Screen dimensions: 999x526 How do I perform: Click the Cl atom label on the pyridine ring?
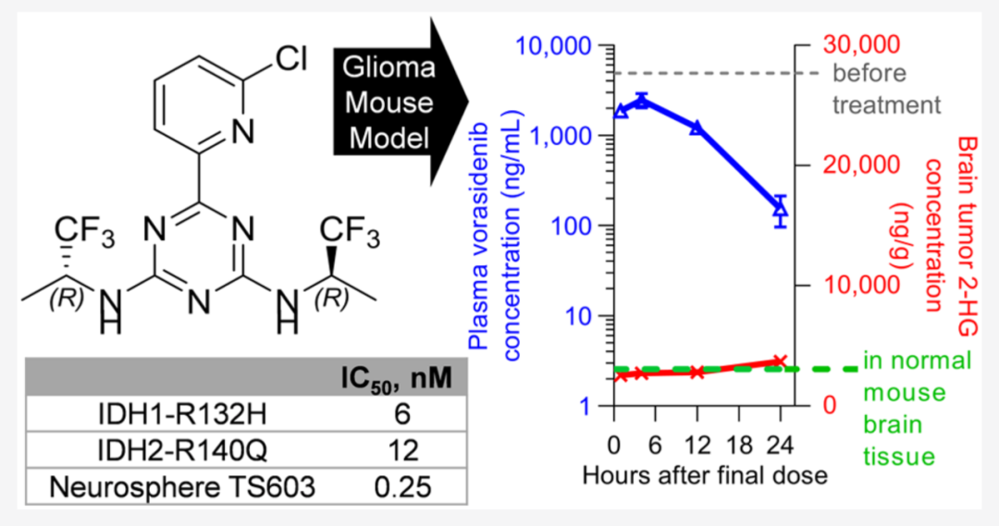pos(290,60)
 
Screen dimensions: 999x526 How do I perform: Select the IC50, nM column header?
pos(396,378)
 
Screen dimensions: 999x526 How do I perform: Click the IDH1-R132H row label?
pos(182,414)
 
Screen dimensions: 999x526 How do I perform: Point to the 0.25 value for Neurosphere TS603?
pos(402,487)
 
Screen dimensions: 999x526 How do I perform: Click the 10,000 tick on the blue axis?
pos(554,46)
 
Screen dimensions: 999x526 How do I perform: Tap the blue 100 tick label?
pos(573,226)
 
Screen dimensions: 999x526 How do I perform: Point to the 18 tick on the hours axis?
pos(739,446)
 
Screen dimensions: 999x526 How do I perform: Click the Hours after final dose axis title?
pos(705,475)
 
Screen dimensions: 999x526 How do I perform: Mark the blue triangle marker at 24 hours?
pos(781,208)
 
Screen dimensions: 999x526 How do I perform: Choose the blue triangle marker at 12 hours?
pos(697,128)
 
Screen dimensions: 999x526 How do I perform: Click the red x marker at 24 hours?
pos(780,361)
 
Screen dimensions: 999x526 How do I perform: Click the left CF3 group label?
pos(85,230)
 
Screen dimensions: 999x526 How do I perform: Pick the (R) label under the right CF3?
pos(331,298)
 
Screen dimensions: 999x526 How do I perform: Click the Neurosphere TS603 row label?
pos(182,487)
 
